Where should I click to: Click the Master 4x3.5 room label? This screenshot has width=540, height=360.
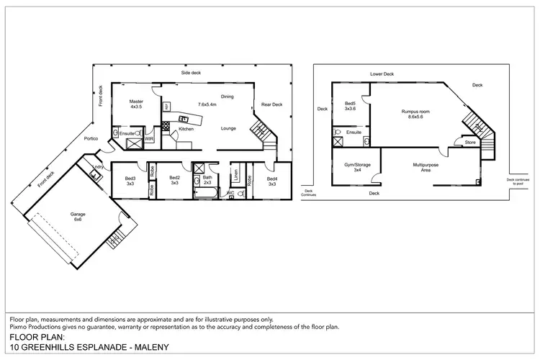tap(137, 104)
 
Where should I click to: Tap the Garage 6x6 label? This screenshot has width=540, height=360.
tap(77, 217)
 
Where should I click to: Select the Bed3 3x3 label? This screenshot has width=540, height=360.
tap(130, 181)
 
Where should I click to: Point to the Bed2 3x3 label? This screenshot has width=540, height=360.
tap(174, 181)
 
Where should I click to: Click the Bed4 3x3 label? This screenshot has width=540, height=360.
tap(272, 181)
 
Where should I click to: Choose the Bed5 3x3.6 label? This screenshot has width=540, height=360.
tap(351, 106)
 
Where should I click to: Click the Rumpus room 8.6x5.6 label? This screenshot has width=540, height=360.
tap(415, 114)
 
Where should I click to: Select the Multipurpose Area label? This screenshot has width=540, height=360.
tap(426, 167)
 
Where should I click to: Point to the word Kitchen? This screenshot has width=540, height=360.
tap(186, 129)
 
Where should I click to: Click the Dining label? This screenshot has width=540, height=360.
tap(227, 96)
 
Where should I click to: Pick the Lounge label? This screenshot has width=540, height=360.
tap(228, 127)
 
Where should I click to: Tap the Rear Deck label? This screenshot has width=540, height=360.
tap(271, 104)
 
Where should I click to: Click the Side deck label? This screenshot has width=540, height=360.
tap(190, 73)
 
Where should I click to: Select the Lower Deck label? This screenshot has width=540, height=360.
tap(382, 73)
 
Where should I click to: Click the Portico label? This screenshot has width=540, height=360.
tap(91, 138)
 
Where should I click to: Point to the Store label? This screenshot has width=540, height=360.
tap(470, 143)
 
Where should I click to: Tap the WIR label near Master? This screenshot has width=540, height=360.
tap(149, 139)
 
